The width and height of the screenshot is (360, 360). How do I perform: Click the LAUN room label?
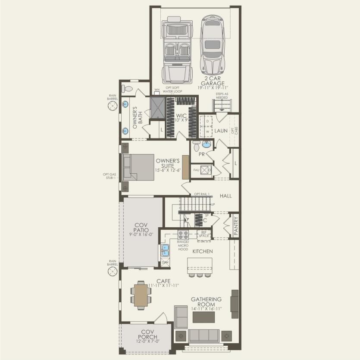click(x=221, y=130)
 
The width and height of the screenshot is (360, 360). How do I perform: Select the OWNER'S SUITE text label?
click(x=168, y=163)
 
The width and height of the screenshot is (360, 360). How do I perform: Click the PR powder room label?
click(x=201, y=154)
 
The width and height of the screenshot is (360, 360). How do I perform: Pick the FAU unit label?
click(x=196, y=170)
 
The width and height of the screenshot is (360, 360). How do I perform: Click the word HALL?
click(x=225, y=196)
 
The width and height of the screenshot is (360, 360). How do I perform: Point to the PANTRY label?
click(x=236, y=225)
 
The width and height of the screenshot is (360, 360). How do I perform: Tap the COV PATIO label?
click(x=141, y=228)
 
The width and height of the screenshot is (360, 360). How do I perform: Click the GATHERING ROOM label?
click(x=206, y=302)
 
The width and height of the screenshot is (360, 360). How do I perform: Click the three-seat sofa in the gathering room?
click(x=204, y=335)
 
